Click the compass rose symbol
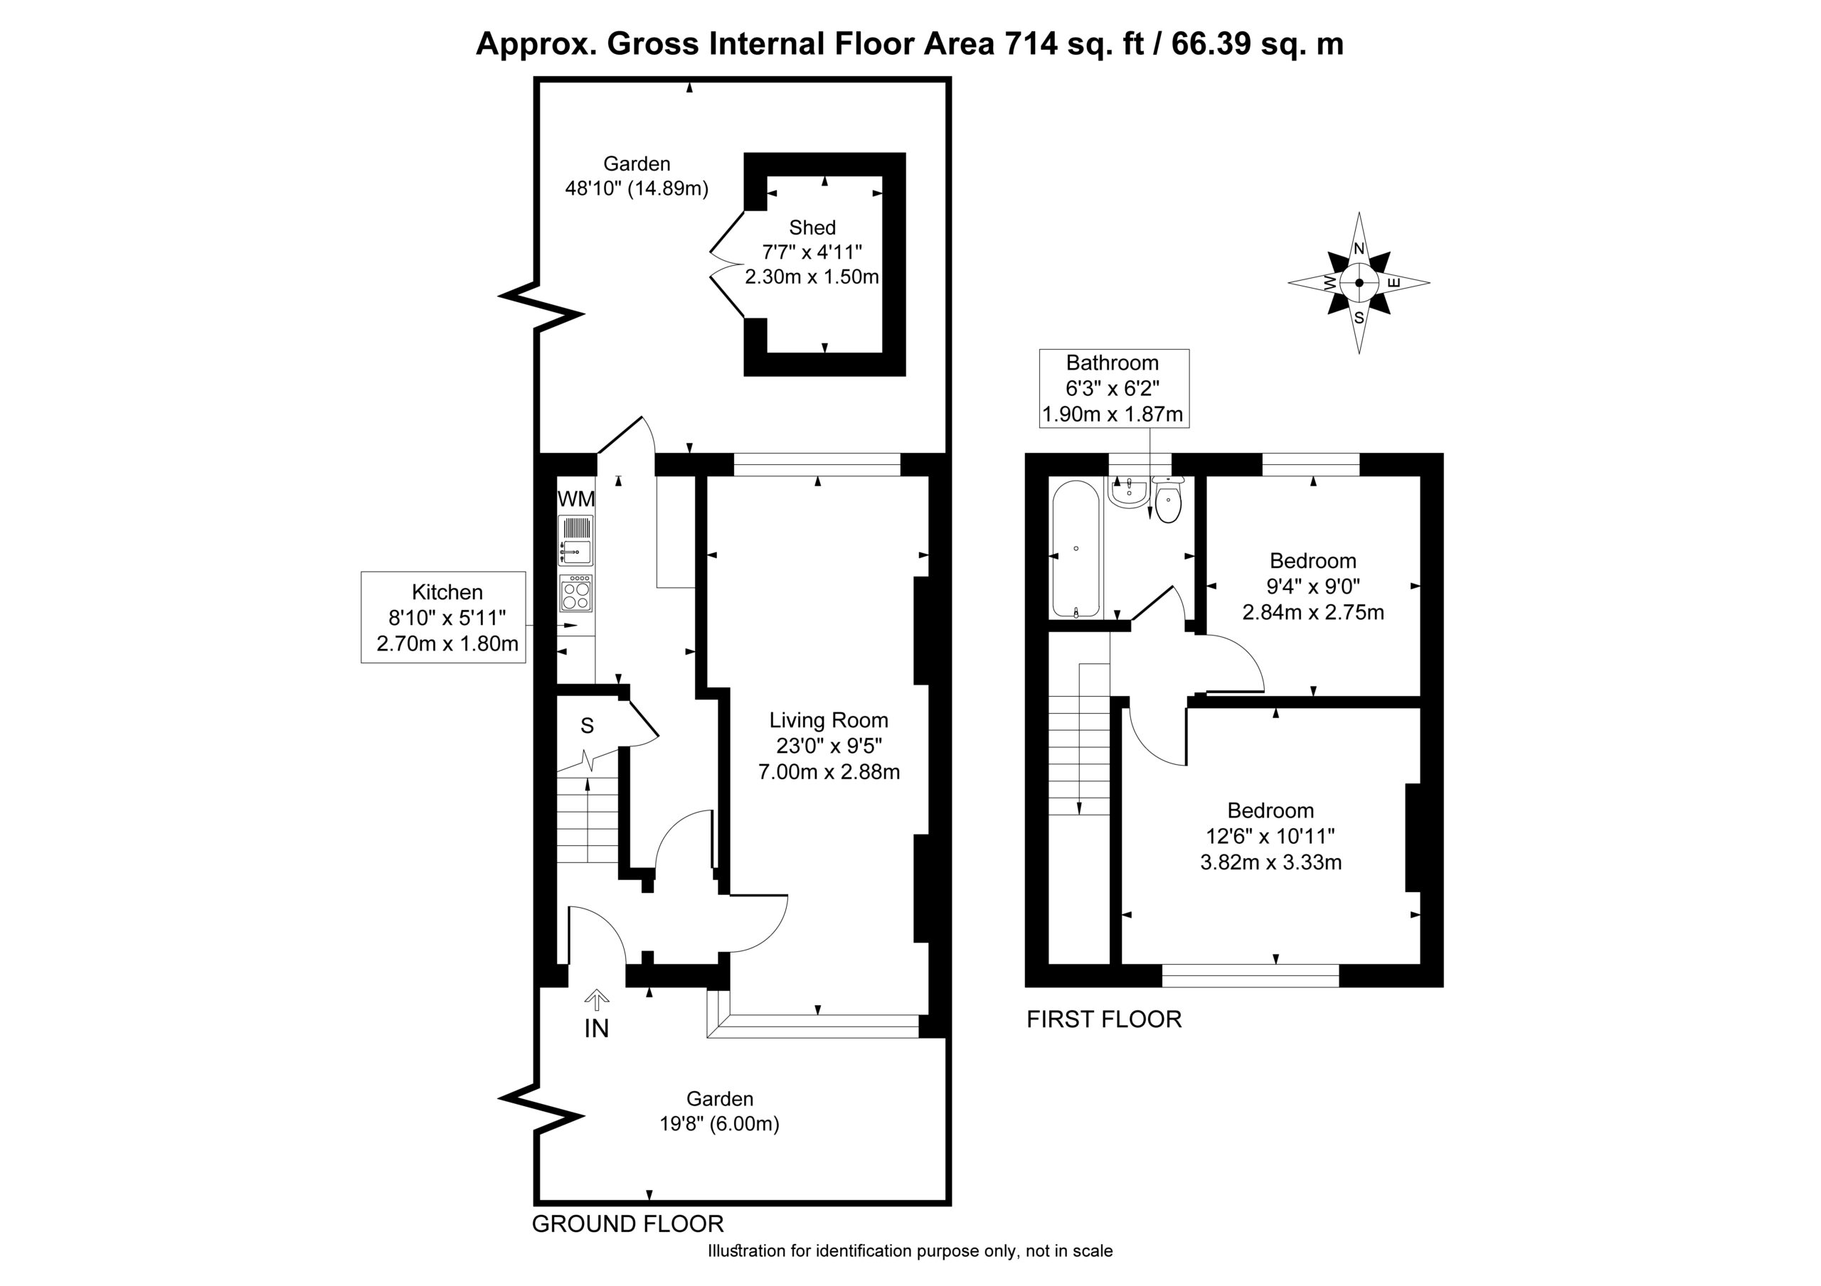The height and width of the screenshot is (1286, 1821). [x=1359, y=282]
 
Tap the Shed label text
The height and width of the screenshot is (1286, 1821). [x=812, y=227]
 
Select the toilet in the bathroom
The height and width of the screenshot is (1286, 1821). [x=1167, y=500]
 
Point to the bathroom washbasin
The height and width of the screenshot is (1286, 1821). [x=1128, y=491]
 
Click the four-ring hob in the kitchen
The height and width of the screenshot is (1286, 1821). [x=575, y=594]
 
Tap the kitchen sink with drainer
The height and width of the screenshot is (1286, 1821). [x=575, y=541]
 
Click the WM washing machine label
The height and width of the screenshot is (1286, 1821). [x=577, y=500]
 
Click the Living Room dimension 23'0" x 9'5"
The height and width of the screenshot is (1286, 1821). [x=829, y=745]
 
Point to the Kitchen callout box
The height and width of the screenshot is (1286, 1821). [x=443, y=617]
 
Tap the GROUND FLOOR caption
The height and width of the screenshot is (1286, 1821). [x=627, y=1223]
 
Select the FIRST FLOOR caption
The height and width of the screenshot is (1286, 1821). [x=1104, y=1019]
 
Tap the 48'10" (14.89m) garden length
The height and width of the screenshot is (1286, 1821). [x=636, y=188]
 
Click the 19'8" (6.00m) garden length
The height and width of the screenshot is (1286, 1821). [x=719, y=1123]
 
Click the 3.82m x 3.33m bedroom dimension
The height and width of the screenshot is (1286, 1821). [x=1270, y=862]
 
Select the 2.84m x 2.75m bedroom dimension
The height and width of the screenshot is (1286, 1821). [x=1312, y=612]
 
